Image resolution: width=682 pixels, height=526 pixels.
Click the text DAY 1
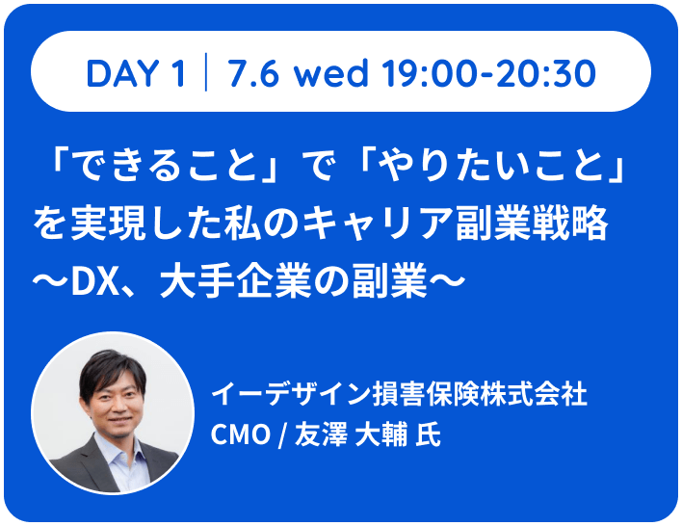(x=135, y=73)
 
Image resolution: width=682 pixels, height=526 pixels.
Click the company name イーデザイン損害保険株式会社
(x=398, y=395)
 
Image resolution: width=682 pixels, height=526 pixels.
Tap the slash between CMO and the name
(x=278, y=434)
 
